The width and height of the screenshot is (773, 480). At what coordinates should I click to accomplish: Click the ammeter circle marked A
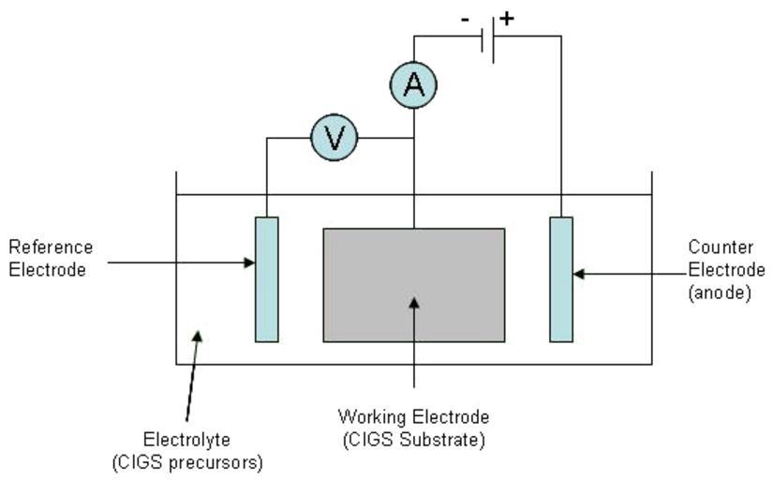point(413,85)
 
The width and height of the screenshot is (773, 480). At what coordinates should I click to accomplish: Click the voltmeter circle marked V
point(334,139)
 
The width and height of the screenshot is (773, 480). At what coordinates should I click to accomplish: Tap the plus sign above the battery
point(507,18)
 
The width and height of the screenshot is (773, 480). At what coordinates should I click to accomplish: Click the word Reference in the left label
point(51,247)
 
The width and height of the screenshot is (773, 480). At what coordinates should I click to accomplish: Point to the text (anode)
point(720,292)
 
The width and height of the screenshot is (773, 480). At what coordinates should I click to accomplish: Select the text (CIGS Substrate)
point(413,440)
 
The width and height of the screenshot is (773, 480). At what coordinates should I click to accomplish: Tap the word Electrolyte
point(186,440)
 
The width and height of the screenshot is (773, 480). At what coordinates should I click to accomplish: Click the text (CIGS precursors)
point(186,462)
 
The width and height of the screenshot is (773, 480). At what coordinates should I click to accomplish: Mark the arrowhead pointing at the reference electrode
point(250,262)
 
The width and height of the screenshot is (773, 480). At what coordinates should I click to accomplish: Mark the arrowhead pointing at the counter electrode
point(578,274)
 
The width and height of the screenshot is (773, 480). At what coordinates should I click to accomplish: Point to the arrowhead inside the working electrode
point(414,302)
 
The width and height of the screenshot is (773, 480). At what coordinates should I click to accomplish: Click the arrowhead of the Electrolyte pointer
point(197,335)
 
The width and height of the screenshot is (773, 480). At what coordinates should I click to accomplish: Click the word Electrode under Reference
point(47,270)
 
